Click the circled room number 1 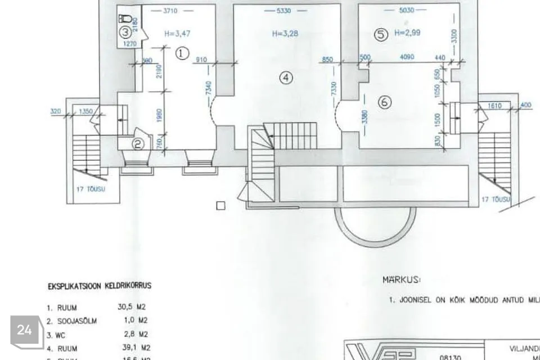coord(181,53)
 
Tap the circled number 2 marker coord(138,144)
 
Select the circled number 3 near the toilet coord(126,32)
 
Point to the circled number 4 coord(287,78)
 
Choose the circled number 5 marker coord(381,35)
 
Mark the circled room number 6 coord(385,102)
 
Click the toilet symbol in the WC coord(127,19)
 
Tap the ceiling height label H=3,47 coord(177,34)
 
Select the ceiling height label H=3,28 coord(285,34)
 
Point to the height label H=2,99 coord(408,33)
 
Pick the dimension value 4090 coord(408,57)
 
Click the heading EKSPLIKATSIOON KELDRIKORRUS coord(99,286)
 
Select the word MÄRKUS coord(402,280)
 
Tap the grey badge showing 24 coord(25,330)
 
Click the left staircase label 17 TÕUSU coord(91,190)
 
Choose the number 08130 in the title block coord(449,356)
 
